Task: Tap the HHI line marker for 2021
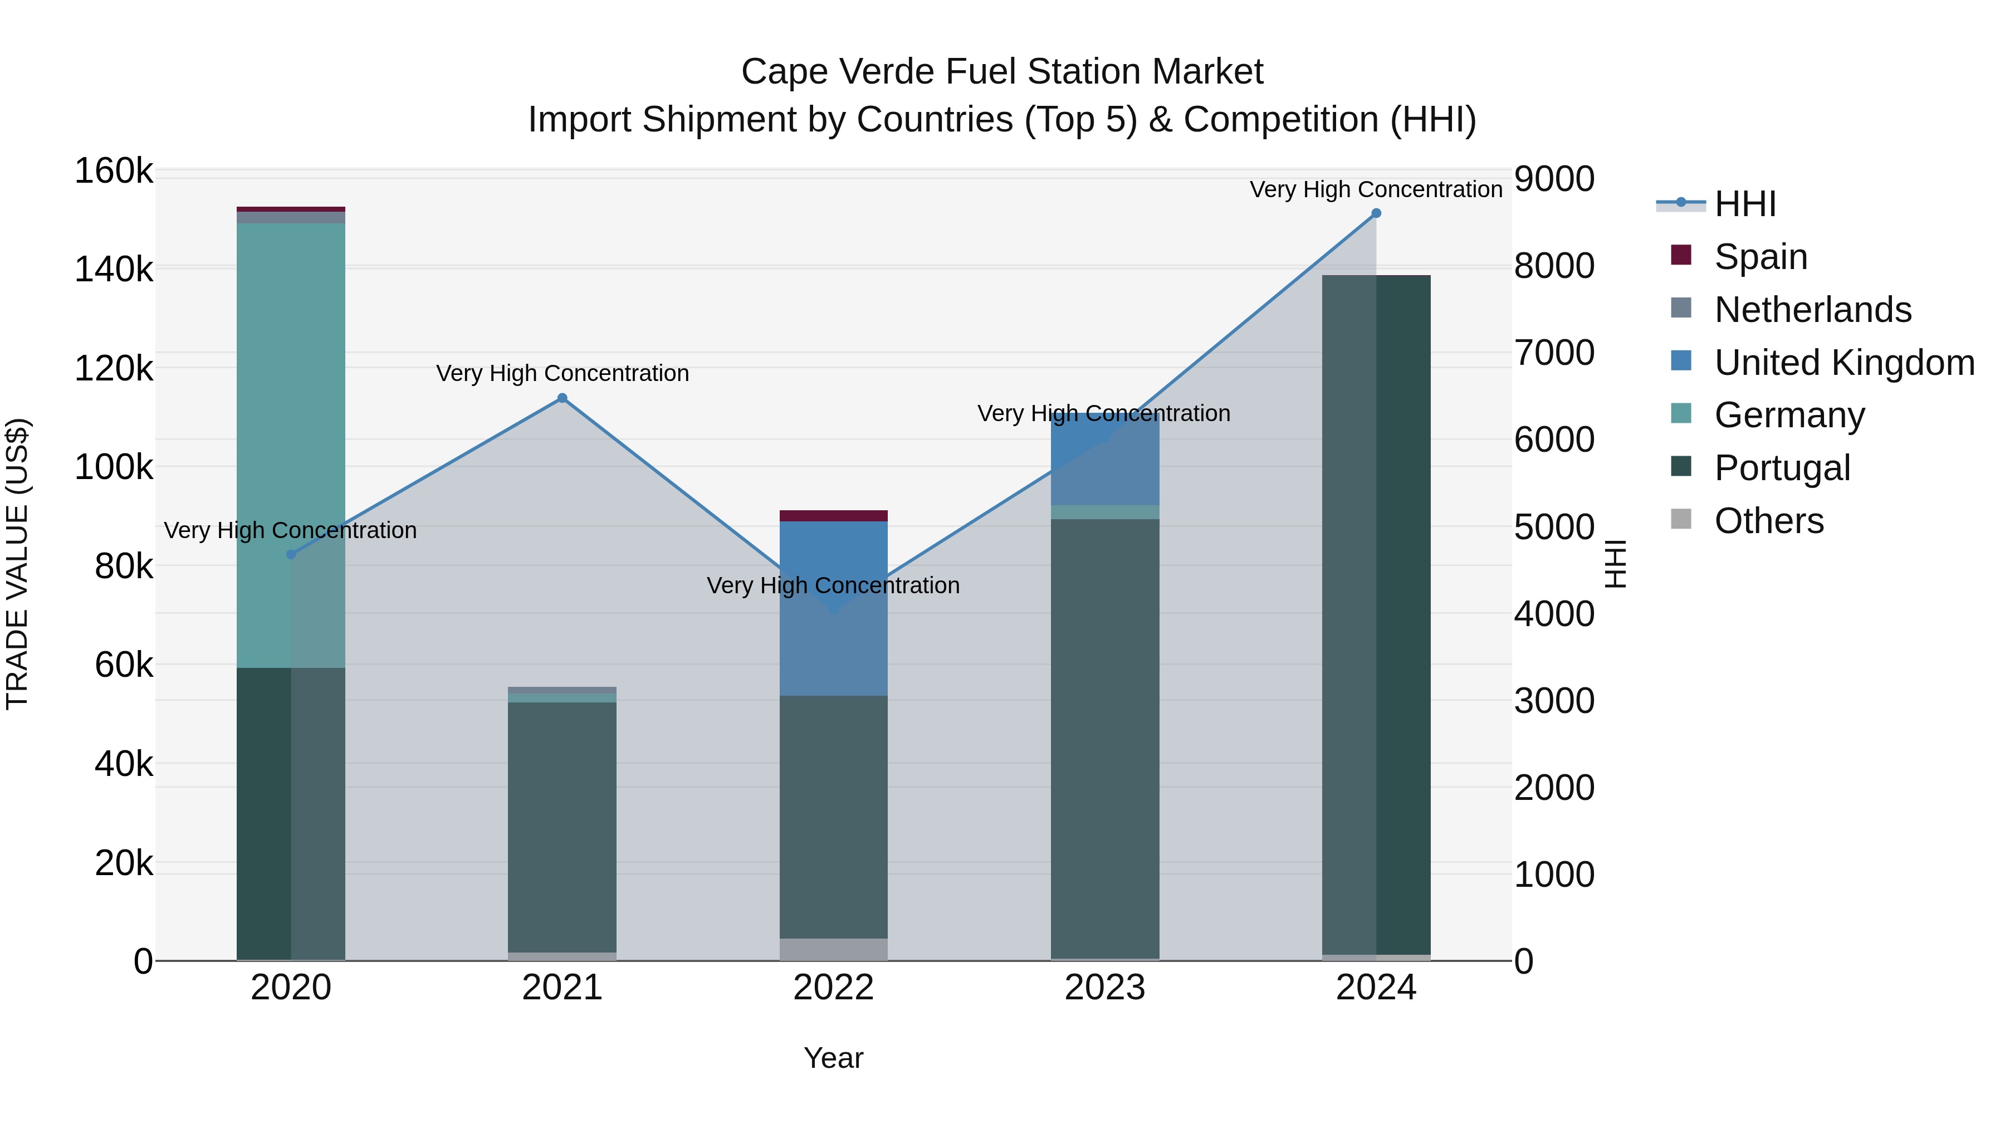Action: [562, 399]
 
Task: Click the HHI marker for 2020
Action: [291, 554]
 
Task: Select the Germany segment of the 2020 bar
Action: [290, 444]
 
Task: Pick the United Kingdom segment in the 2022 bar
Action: [834, 607]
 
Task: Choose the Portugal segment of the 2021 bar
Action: [562, 825]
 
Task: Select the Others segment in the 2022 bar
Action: [834, 949]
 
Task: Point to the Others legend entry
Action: [1768, 521]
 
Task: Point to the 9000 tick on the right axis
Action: [1553, 179]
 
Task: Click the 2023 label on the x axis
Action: [1104, 988]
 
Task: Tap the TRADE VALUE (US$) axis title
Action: [18, 564]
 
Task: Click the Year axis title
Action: [834, 1058]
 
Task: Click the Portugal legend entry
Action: [1782, 468]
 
